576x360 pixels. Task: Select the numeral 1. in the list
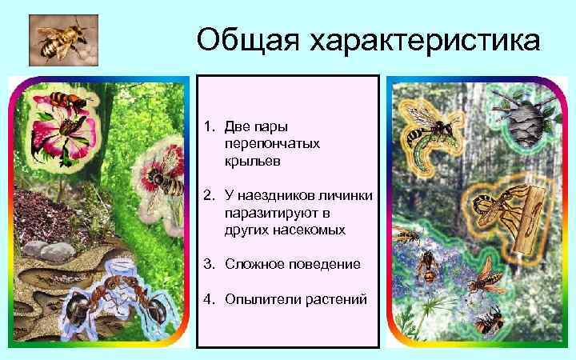click(210, 127)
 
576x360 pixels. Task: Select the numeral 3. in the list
click(210, 264)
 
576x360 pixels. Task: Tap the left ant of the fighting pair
click(80, 308)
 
